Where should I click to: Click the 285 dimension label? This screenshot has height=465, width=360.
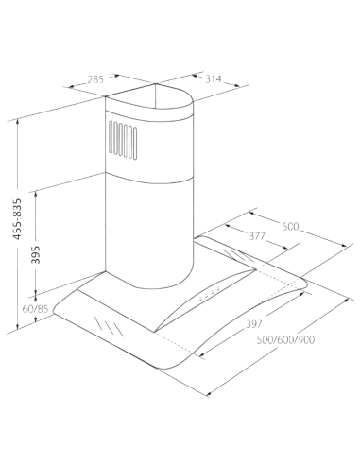95,79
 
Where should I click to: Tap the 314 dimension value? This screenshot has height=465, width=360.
214,78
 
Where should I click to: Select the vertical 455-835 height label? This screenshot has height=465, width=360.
17,219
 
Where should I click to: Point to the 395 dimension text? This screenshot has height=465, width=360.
36,254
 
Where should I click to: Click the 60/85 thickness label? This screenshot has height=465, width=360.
35,309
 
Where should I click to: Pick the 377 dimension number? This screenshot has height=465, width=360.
257,236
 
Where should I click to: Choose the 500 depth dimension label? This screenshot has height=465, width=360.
290,226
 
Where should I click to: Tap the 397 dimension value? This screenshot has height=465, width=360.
254,323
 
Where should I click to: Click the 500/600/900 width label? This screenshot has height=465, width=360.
285,340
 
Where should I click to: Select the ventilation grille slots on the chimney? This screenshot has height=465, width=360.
123,140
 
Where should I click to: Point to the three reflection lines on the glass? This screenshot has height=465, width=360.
108,326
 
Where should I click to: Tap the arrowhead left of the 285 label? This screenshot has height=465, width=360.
71,86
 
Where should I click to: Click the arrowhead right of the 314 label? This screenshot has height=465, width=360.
236,85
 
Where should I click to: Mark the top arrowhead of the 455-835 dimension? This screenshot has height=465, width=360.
18,122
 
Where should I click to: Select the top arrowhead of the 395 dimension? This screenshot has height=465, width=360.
36,194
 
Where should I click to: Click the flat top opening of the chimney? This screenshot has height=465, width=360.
148,96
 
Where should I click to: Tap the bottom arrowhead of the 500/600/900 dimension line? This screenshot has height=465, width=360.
209,393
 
